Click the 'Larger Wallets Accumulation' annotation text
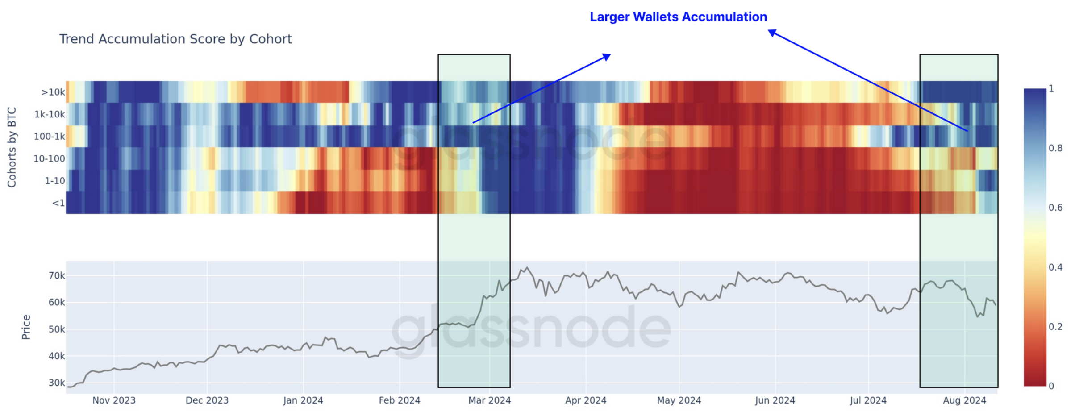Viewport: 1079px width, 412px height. (678, 17)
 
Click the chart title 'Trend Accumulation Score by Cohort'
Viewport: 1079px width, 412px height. (175, 39)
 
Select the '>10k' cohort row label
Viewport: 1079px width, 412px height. (53, 92)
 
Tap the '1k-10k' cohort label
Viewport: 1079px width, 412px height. (50, 114)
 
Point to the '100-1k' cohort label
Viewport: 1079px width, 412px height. (49, 137)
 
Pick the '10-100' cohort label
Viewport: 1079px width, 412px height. (49, 158)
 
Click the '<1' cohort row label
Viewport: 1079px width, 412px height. (58, 203)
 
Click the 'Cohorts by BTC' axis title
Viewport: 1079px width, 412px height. (12, 147)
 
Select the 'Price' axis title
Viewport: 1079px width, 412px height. (26, 327)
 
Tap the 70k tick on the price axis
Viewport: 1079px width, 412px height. (57, 276)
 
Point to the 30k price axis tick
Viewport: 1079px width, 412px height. (57, 383)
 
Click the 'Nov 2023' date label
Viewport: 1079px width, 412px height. (114, 400)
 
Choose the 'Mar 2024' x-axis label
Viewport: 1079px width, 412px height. (489, 400)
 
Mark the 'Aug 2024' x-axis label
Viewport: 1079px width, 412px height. (964, 400)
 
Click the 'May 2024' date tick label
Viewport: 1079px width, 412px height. (679, 400)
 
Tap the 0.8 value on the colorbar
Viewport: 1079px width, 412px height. (1055, 148)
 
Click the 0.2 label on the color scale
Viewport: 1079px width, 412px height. (1055, 327)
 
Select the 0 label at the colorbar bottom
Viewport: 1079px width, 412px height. (1051, 386)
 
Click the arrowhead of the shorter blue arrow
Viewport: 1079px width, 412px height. (607, 56)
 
